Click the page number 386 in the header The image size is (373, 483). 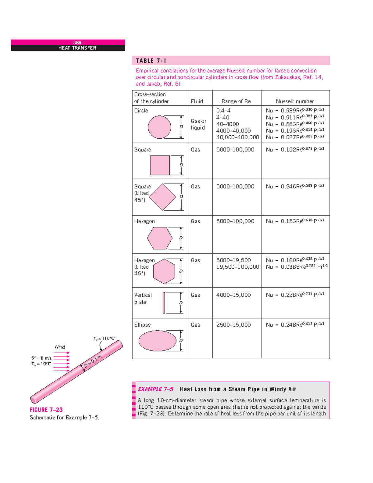point(77,43)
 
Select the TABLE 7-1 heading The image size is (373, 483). point(151,61)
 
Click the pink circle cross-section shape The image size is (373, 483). point(159,127)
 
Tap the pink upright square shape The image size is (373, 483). point(160,165)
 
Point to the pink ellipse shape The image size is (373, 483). point(157,341)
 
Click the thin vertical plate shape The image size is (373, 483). point(164,303)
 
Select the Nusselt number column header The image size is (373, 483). point(295,101)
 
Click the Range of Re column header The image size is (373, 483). point(236,101)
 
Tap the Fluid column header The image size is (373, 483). point(197,101)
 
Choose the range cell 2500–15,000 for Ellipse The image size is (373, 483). point(233,325)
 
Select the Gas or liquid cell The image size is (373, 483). point(198,124)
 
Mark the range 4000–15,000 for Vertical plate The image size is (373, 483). point(233,295)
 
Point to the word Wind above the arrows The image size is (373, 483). point(60,347)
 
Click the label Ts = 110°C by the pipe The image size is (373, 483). point(104,338)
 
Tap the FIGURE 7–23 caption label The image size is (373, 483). point(46,410)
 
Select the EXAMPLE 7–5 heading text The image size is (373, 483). point(155,389)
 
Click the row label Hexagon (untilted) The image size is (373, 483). point(144,221)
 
